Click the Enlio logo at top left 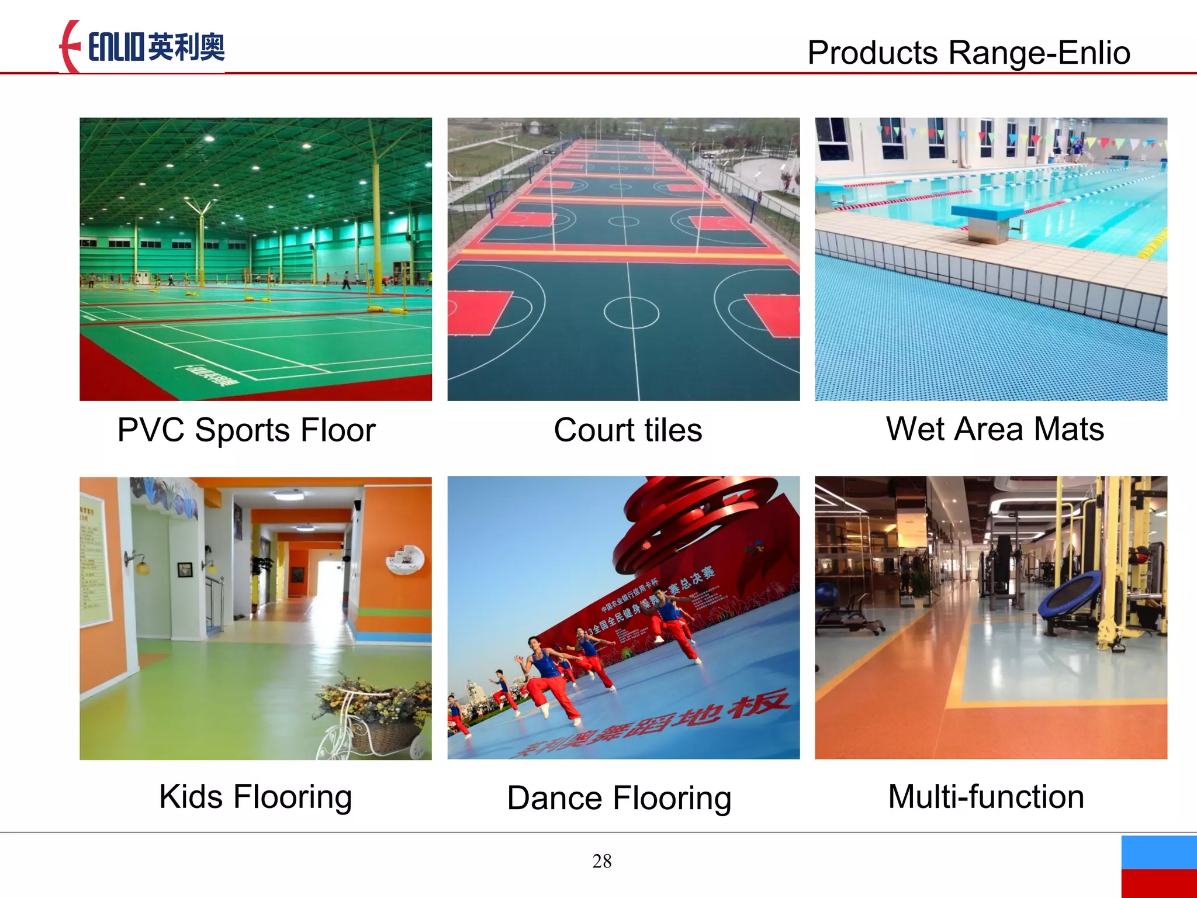tap(143, 47)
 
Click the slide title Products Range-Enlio tap(968, 53)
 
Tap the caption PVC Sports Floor tap(246, 430)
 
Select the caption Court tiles tap(628, 430)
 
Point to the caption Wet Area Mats tap(995, 429)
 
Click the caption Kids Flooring tap(255, 796)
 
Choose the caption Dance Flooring tap(619, 799)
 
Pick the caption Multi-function tap(986, 796)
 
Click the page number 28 tap(601, 861)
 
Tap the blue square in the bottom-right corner tap(1159, 852)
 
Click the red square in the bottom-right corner tap(1159, 883)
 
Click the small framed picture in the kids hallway tap(185, 569)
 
